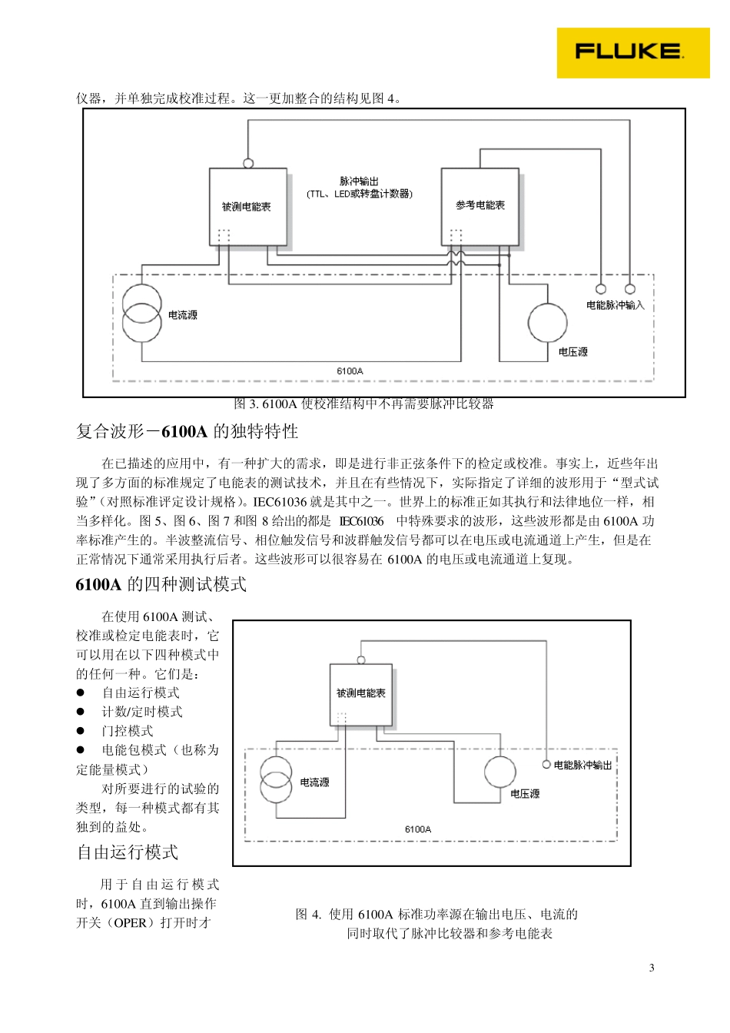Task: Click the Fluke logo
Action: [632, 52]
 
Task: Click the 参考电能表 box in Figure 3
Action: [479, 206]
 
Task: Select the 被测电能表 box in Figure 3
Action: [247, 207]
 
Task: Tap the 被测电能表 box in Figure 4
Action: [360, 693]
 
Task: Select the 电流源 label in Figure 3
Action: [182, 315]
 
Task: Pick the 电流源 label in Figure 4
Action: [314, 782]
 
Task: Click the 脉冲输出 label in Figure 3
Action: [359, 182]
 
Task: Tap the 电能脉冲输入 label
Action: [615, 305]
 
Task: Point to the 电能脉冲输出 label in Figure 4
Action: [582, 766]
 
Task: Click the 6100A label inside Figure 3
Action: [350, 371]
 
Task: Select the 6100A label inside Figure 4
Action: [418, 829]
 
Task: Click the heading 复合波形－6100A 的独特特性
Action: [187, 432]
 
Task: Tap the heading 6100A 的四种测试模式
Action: [161, 584]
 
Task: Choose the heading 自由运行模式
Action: [128, 852]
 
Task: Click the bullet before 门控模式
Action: [80, 731]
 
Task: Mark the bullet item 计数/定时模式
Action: [142, 712]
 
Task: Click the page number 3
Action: [652, 968]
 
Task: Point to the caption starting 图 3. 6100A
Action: [363, 404]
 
